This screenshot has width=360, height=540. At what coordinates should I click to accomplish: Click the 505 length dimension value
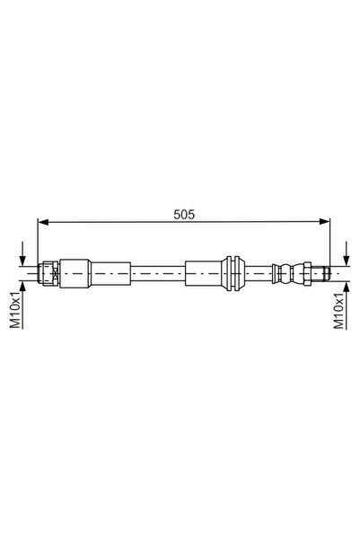pos(184,215)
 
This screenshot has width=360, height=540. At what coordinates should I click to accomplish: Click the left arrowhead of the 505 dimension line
pos(43,222)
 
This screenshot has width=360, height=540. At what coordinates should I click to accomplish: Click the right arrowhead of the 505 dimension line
pos(324,222)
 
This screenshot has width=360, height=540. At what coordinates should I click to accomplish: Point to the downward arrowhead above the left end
pos(22,261)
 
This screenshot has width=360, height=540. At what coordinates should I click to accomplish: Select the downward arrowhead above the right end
pos(347,261)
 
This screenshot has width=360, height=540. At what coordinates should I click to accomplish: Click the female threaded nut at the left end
pos(48,273)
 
